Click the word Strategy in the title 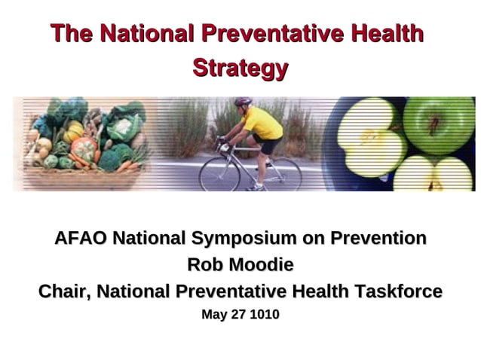point(240,69)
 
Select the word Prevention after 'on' point(372,239)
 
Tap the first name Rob point(205,265)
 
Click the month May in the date point(213,315)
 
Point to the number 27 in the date point(239,315)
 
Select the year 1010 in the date point(265,315)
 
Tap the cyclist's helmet point(242,102)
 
